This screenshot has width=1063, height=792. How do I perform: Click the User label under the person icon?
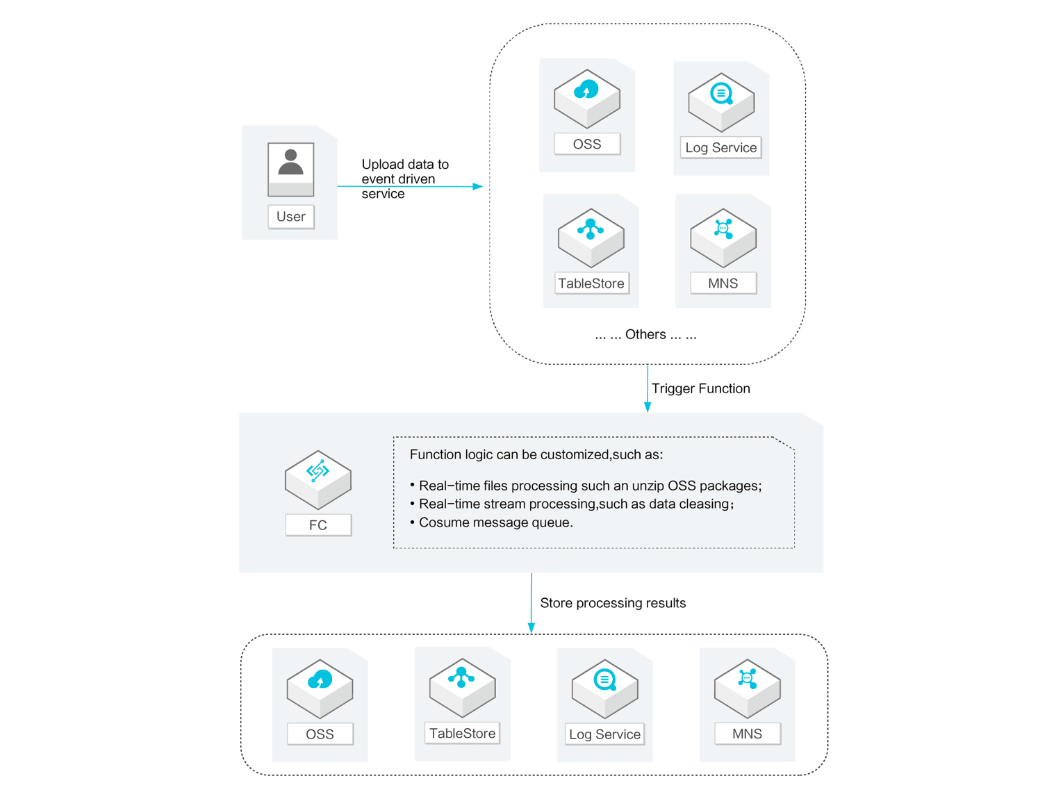click(x=290, y=217)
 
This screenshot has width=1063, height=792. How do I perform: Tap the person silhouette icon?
click(x=290, y=163)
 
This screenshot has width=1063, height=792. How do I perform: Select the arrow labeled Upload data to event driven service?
click(x=410, y=186)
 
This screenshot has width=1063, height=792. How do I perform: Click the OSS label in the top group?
click(x=587, y=145)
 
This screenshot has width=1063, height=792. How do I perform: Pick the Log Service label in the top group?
click(x=720, y=148)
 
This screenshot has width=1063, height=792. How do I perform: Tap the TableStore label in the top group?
click(x=591, y=283)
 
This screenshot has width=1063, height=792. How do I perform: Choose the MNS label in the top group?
click(x=723, y=283)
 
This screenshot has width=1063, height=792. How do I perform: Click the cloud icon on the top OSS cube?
click(x=586, y=90)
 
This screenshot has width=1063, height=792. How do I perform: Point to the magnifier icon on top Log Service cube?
click(x=721, y=94)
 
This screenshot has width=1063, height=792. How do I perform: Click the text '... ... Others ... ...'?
click(x=645, y=335)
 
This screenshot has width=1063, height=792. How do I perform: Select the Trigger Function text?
click(x=700, y=389)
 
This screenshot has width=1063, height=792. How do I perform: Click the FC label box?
click(x=318, y=525)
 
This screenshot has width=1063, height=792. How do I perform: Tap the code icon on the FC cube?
click(x=318, y=471)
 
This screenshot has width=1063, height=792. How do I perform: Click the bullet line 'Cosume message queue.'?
click(x=495, y=522)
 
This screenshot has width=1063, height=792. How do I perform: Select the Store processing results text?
click(x=613, y=603)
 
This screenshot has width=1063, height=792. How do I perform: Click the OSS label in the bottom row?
click(x=320, y=734)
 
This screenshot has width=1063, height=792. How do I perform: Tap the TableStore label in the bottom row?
click(x=462, y=734)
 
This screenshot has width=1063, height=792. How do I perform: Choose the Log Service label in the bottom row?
click(x=604, y=734)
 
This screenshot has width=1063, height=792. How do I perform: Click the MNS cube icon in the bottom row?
click(x=747, y=688)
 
